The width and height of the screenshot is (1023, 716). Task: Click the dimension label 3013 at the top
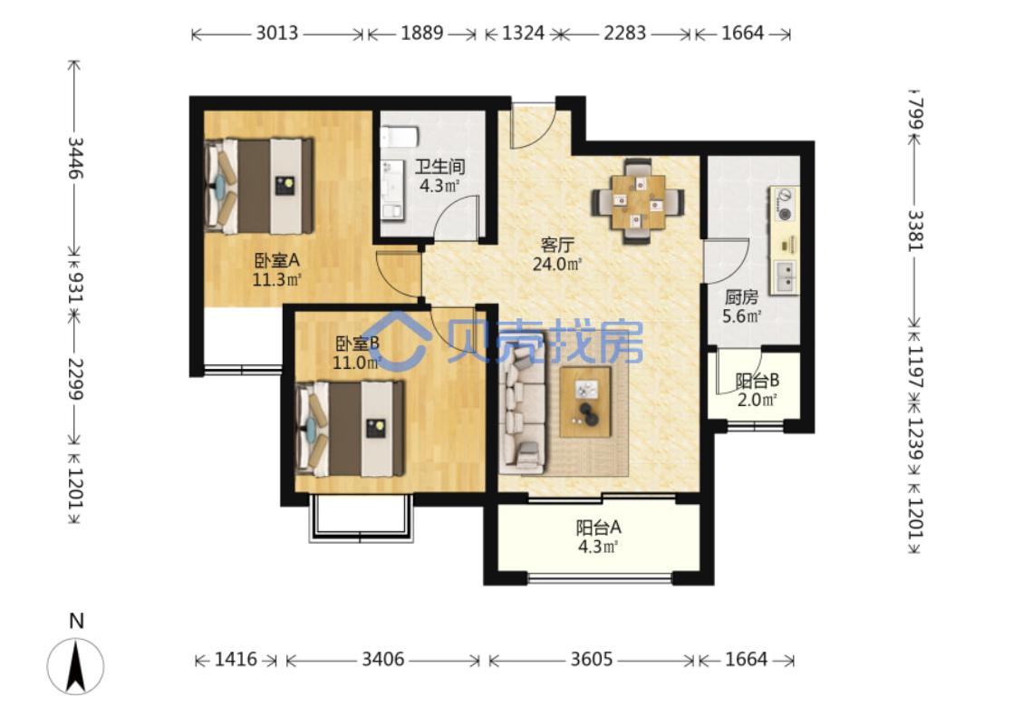tap(276, 33)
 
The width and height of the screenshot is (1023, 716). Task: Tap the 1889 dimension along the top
tap(421, 33)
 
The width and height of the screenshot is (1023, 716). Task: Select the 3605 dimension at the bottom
tap(591, 659)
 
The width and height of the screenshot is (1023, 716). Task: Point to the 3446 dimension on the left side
tap(76, 158)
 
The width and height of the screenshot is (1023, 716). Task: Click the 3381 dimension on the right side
tap(915, 230)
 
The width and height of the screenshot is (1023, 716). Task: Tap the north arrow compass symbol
tap(76, 666)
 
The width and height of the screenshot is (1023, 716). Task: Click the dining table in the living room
tap(637, 201)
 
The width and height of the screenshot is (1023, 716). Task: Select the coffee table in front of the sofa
tap(585, 402)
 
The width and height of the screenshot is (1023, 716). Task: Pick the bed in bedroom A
tap(259, 186)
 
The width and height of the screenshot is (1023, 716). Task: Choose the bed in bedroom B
tap(350, 428)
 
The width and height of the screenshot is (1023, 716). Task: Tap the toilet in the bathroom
tap(399, 137)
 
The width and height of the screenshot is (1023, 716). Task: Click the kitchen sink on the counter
tap(784, 276)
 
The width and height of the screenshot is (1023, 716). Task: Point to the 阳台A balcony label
tap(598, 527)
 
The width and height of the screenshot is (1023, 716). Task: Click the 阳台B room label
tap(757, 380)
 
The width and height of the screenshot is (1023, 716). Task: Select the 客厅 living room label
tap(557, 245)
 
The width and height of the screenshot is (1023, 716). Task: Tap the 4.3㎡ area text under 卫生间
tap(439, 186)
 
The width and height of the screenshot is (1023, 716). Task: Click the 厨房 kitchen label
tap(741, 297)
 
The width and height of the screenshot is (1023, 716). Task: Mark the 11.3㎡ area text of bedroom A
tap(276, 280)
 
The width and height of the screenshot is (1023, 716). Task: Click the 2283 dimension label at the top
tap(624, 33)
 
